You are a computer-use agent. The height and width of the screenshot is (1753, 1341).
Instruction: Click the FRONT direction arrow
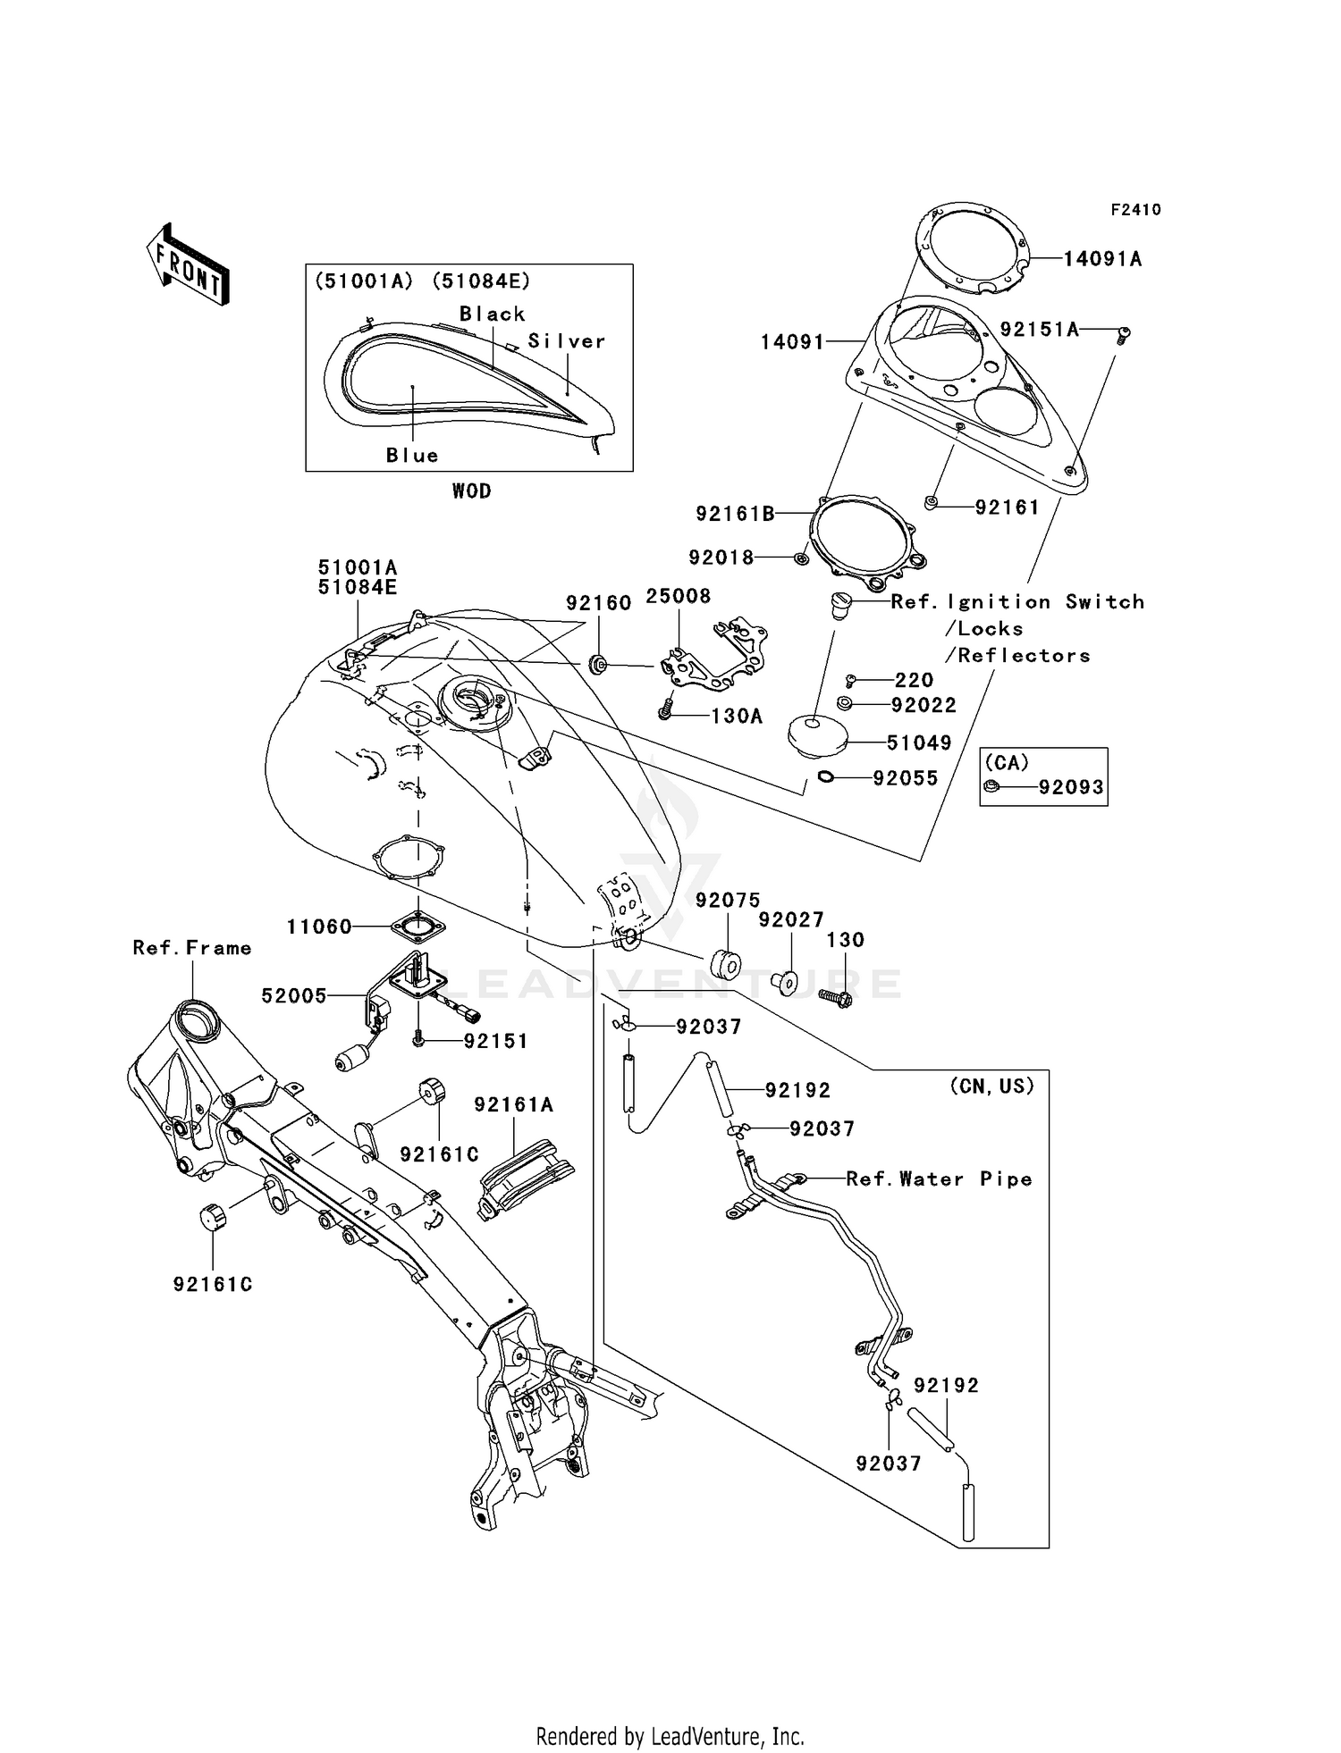(188, 264)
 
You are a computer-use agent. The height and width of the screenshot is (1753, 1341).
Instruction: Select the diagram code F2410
(1135, 210)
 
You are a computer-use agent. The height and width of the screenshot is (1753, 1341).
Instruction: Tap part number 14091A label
(1102, 259)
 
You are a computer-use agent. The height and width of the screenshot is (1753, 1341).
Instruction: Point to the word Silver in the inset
(567, 341)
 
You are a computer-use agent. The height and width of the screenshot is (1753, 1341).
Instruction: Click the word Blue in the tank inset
(412, 456)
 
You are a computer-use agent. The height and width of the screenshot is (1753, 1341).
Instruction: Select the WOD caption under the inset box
(471, 491)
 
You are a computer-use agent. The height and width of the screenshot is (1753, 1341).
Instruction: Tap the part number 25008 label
(678, 596)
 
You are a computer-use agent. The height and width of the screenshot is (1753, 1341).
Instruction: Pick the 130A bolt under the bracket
(665, 712)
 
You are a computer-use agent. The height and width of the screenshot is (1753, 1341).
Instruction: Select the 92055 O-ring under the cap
(826, 778)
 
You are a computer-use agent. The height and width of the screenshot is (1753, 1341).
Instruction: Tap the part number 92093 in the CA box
(1070, 788)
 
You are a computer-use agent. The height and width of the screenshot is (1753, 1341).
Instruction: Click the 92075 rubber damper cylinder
(725, 965)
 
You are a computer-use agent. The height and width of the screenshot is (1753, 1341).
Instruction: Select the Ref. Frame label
(191, 948)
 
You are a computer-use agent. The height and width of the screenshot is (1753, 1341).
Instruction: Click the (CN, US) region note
(991, 1086)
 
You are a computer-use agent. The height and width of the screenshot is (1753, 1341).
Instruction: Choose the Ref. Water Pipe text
(939, 1179)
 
